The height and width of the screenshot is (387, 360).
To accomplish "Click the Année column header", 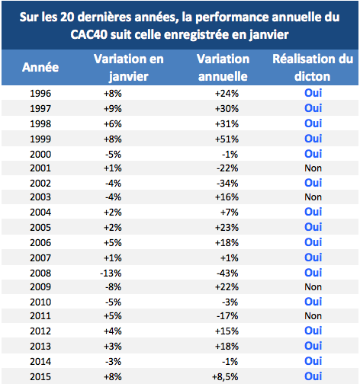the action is (x=40, y=67).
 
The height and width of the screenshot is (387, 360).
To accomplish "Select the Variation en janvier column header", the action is (x=129, y=68).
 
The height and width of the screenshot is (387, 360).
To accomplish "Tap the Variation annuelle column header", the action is (x=223, y=68).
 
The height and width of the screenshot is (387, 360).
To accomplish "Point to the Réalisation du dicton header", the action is (x=313, y=68).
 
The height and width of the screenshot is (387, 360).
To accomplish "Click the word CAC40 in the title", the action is (x=89, y=34).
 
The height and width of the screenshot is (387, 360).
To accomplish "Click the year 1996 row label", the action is (x=40, y=94).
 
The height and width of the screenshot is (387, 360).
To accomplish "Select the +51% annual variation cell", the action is (x=227, y=139).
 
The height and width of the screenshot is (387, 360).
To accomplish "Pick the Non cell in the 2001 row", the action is (x=313, y=168).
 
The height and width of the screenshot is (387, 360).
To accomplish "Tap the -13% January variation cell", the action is (x=111, y=273).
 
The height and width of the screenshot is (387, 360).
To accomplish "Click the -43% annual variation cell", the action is (x=227, y=273).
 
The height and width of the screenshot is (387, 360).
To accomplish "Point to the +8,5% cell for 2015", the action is (x=225, y=377).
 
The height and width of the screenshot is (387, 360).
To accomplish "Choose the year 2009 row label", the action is (x=40, y=287).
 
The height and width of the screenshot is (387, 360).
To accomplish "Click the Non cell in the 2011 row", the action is (x=313, y=316).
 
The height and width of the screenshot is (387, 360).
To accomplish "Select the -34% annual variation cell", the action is (x=227, y=184).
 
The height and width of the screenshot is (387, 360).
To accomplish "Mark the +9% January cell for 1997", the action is (x=113, y=109).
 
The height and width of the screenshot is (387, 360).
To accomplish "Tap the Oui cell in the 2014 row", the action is (x=313, y=361).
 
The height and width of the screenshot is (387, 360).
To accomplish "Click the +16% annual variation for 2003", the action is (x=227, y=197).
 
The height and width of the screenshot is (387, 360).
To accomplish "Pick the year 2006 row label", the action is (x=40, y=243).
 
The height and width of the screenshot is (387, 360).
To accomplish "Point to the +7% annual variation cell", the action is (x=230, y=213).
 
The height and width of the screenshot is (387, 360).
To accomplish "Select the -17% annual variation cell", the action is (x=227, y=316).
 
